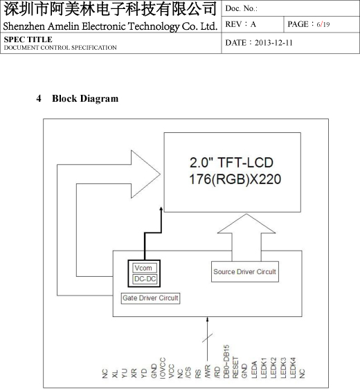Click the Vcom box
(145, 268)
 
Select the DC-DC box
(145, 279)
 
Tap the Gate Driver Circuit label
(150, 298)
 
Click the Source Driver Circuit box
(245, 271)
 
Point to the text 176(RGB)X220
(235, 179)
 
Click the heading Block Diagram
(85, 98)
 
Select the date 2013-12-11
(273, 43)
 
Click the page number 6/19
(323, 24)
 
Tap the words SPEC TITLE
(28, 39)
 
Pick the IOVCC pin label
(163, 368)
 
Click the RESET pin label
(235, 368)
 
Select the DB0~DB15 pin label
(226, 361)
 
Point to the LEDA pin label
(254, 370)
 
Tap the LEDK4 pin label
(293, 368)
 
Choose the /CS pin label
(188, 372)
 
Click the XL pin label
(114, 374)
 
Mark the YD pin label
(143, 374)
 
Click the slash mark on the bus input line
(207, 338)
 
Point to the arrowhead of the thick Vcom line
(161, 210)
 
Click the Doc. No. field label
(241, 9)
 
